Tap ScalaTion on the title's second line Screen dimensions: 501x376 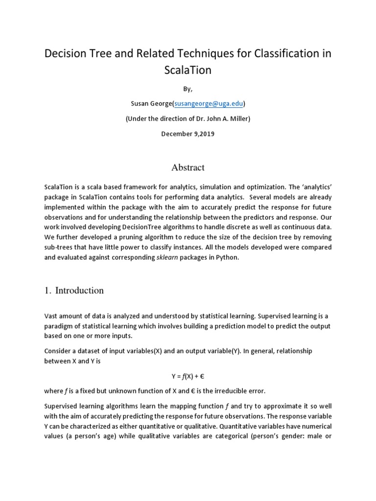188,70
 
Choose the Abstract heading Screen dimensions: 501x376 188,167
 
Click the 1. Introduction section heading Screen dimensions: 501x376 74,290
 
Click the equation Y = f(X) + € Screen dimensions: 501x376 188,376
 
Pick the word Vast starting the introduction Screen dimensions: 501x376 52,317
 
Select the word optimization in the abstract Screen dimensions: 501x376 265,187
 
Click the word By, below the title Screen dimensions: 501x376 188,89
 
